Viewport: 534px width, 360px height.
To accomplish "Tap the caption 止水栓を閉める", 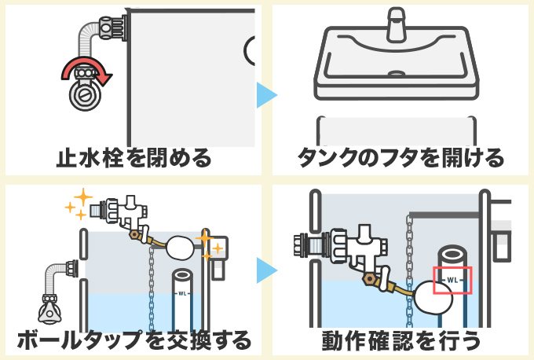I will (x=133, y=159).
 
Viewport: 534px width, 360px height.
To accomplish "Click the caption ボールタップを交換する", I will (x=133, y=340).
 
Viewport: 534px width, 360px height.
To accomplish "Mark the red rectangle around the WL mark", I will (x=452, y=280).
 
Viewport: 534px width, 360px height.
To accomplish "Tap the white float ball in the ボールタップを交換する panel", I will (x=181, y=247).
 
